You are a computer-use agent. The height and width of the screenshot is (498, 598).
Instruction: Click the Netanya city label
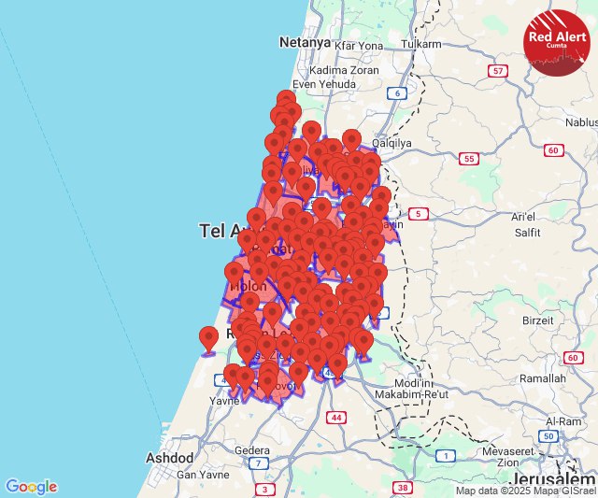(306, 42)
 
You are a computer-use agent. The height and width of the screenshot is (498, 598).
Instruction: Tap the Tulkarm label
(420, 45)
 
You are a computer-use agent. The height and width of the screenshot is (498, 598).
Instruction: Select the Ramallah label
(542, 379)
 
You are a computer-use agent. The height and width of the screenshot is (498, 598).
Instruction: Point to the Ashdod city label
(169, 458)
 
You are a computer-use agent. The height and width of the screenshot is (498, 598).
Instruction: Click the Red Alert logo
(557, 42)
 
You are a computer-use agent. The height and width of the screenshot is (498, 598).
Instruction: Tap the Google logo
(31, 486)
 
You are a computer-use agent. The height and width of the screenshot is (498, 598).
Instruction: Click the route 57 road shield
(499, 71)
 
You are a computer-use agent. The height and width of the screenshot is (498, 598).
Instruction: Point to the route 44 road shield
(335, 417)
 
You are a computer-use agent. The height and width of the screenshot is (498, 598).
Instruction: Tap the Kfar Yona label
(359, 45)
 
